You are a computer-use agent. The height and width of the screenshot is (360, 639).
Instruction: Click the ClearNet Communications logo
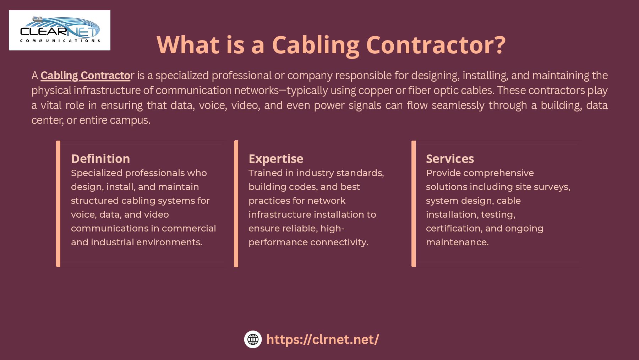pyautogui.click(x=60, y=30)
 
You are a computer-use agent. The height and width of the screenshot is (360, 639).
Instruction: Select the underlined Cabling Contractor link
pyautogui.click(x=85, y=75)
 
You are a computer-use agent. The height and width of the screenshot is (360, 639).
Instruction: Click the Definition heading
pyautogui.click(x=100, y=158)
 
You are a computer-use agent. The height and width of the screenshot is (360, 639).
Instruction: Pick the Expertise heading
pyautogui.click(x=276, y=158)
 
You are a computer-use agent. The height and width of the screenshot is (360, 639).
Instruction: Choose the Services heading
pyautogui.click(x=450, y=158)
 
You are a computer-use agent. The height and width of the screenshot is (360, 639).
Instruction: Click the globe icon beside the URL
pyautogui.click(x=253, y=339)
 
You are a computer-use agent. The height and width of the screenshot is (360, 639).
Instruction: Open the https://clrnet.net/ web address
pyautogui.click(x=322, y=339)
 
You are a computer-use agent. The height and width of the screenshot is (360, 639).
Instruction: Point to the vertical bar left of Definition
pyautogui.click(x=58, y=203)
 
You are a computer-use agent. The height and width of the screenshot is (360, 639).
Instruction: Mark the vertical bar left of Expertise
pyautogui.click(x=236, y=203)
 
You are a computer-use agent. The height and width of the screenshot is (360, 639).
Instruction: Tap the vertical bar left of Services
pyautogui.click(x=414, y=203)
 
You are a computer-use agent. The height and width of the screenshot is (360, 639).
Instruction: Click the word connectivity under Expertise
pyautogui.click(x=339, y=242)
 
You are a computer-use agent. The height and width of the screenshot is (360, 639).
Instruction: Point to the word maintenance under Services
pyautogui.click(x=457, y=242)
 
